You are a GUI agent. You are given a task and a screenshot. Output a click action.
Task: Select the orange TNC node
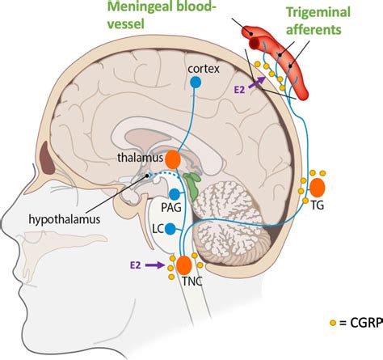tap(185, 265)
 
